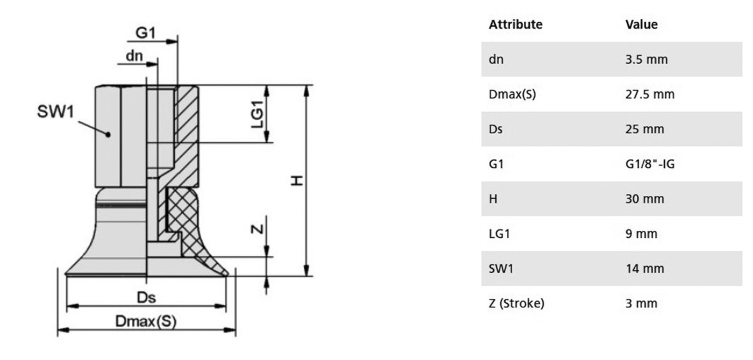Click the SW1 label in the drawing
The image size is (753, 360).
click(x=55, y=112)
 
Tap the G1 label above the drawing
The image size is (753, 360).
click(x=145, y=33)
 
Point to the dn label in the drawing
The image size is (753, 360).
click(x=135, y=56)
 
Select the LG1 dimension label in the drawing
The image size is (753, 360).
click(x=259, y=114)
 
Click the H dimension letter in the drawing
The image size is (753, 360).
click(x=298, y=180)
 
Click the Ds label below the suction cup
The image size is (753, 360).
click(x=146, y=298)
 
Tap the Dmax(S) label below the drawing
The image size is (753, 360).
click(x=146, y=322)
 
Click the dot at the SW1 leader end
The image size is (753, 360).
click(x=108, y=135)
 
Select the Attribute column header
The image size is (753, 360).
click(x=515, y=25)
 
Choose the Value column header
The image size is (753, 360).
click(x=642, y=25)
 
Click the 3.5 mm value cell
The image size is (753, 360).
click(x=646, y=60)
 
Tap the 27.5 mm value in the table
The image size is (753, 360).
click(x=650, y=94)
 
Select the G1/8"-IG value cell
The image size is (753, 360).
click(x=650, y=164)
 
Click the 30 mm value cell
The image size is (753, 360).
click(x=645, y=198)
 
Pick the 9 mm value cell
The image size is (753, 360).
click(x=641, y=234)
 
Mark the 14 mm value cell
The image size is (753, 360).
click(x=645, y=268)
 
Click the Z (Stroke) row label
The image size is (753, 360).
click(x=516, y=303)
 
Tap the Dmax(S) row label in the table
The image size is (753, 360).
click(x=512, y=94)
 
